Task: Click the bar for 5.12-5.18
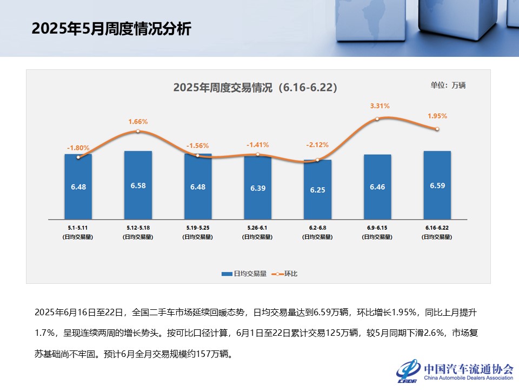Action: pyautogui.click(x=138, y=185)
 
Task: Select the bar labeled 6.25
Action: pyautogui.click(x=317, y=190)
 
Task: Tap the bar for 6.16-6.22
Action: pyautogui.click(x=437, y=185)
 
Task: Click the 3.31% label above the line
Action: pyautogui.click(x=380, y=106)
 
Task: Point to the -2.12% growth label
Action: pyautogui.click(x=317, y=145)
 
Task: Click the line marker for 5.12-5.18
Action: pyautogui.click(x=138, y=131)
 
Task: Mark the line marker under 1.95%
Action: pyautogui.click(x=437, y=129)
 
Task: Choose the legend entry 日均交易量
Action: pyautogui.click(x=244, y=274)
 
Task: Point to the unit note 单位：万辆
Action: pyautogui.click(x=448, y=85)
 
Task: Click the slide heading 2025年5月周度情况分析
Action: pyautogui.click(x=111, y=29)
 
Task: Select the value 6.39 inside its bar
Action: pyautogui.click(x=257, y=188)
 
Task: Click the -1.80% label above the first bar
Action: pyautogui.click(x=78, y=147)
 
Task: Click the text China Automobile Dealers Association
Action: pyautogui.click(x=468, y=378)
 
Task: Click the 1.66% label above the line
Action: pyautogui.click(x=138, y=121)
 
